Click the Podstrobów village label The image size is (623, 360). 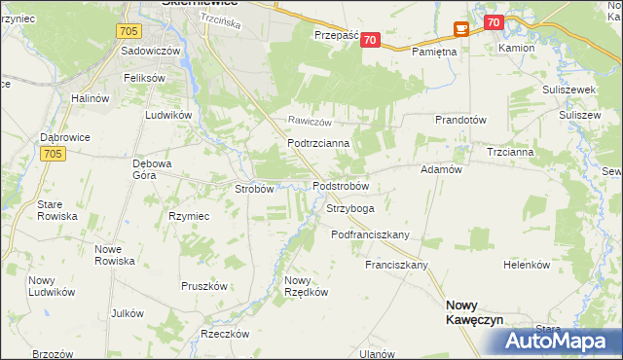pos(340,186)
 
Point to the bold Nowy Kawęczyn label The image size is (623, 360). pos(474,310)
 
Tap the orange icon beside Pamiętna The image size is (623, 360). pos(460,30)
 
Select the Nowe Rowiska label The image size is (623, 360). pos(114,255)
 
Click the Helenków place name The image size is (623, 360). pos(527,265)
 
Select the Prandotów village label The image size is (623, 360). pos(460,120)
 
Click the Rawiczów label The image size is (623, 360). pos(310,123)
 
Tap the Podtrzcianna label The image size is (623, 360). pos(311,143)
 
